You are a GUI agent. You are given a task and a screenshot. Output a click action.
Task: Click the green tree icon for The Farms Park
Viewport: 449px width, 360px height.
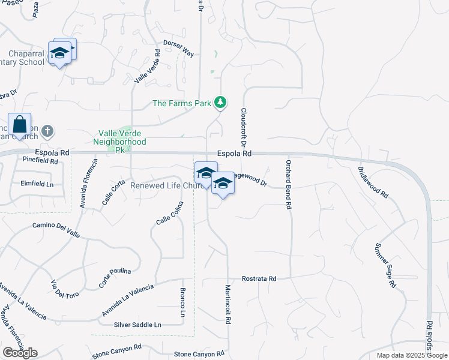[x=221, y=103]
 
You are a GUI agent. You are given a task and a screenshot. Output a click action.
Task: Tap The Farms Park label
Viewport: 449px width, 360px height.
[x=182, y=103]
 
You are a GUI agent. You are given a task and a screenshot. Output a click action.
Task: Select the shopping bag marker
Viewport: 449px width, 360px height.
[x=20, y=125]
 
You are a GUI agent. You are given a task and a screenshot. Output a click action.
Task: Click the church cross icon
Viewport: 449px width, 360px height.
[x=48, y=130]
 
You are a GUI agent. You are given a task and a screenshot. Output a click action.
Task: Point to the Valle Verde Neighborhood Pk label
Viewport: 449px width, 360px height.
[x=120, y=142]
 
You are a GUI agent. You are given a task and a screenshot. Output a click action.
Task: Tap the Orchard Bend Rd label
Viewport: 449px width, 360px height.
[x=289, y=184]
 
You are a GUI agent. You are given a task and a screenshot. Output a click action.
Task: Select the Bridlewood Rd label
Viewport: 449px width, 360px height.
[x=374, y=182]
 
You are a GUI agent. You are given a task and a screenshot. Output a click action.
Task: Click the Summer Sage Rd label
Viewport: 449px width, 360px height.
[x=385, y=265]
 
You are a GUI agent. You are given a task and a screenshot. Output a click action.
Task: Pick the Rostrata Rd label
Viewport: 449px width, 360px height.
[x=259, y=279]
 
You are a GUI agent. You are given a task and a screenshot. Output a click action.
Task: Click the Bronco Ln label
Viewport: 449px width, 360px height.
[x=182, y=302]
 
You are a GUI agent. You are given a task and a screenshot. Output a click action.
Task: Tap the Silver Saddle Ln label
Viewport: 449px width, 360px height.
[x=137, y=325]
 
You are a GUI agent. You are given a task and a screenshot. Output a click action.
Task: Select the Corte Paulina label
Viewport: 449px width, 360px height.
[x=115, y=277]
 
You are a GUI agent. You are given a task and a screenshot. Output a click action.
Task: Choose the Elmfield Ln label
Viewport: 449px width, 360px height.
[x=37, y=183]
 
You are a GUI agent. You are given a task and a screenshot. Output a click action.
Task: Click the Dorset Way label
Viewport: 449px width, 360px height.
[x=179, y=49]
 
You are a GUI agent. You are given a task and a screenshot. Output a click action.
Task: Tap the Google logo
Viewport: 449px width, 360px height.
[x=20, y=352]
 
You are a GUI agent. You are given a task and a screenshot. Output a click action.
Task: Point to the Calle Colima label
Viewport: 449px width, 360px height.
[x=169, y=213]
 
